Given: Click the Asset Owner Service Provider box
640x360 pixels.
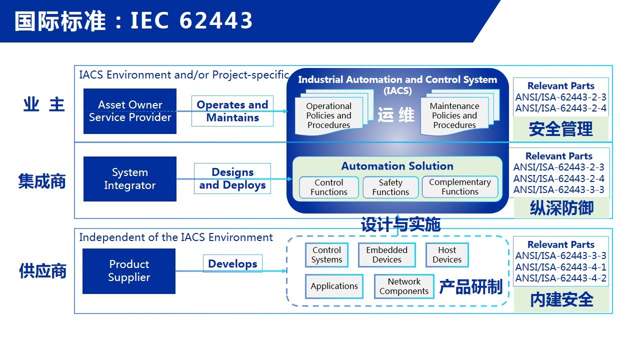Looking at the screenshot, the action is click(130, 111).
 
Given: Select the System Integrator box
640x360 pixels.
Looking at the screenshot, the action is click(130, 179).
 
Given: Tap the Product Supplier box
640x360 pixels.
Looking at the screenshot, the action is click(129, 271).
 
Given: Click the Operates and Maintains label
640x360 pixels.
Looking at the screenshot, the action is click(232, 111).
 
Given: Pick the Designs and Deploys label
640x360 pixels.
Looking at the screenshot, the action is click(232, 178).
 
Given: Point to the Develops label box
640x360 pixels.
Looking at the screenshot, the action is click(232, 263).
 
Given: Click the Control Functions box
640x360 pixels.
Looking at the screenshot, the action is click(329, 187).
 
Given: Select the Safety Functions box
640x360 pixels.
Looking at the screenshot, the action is click(390, 187).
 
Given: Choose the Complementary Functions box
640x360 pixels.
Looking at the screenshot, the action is click(460, 187).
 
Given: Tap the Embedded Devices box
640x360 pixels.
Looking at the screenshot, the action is click(387, 255).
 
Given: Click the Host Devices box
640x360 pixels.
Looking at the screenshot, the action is click(447, 255).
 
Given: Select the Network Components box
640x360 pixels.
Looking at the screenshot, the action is click(404, 286).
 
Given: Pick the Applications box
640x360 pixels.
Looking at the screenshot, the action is click(334, 286).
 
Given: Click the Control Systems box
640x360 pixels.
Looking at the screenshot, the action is click(326, 255).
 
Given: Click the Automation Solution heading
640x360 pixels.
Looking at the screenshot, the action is click(397, 166).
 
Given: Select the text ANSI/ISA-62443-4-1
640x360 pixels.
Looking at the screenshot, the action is click(561, 267).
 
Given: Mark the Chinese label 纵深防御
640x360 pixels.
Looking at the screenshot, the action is click(561, 208).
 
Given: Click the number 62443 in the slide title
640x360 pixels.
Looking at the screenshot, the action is click(216, 20).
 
